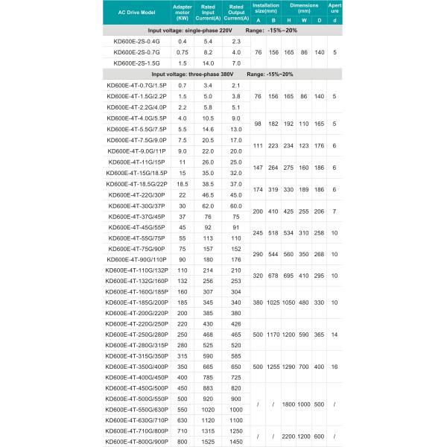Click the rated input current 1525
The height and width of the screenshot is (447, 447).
(x=208, y=441)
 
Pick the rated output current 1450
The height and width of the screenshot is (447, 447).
(x=235, y=441)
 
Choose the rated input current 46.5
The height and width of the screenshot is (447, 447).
(x=208, y=194)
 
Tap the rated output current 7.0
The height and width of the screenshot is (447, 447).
(x=235, y=63)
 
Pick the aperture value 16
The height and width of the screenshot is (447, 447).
(x=335, y=367)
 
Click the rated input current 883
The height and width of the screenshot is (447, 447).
(x=208, y=387)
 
